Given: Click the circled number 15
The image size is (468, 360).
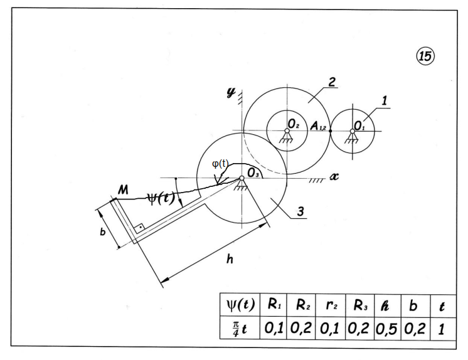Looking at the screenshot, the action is pos(425,56).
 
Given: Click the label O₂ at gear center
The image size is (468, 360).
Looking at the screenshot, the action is pos(294,124).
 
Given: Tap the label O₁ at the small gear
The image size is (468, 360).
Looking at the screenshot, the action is pos(359,125).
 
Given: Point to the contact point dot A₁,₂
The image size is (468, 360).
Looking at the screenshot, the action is pos(330,130).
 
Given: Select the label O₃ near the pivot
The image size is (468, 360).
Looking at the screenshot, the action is pos(253,173).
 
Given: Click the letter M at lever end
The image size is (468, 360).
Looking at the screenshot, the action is pos(123,190).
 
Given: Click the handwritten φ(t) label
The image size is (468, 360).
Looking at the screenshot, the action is pos(220,164).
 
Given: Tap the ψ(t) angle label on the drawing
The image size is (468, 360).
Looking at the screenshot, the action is pos(160,198).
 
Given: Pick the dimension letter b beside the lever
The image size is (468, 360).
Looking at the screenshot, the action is pos(102,231).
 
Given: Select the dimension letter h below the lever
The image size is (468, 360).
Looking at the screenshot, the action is pos(230,259).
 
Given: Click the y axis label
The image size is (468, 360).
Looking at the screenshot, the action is pos(230,93).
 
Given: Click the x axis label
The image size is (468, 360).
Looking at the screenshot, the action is pos(334,176).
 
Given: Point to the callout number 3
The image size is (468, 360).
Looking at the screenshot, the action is pos(300,211).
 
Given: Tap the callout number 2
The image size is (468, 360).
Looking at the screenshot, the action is pos(332,82).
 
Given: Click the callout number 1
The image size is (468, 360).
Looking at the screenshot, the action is pos(384,101).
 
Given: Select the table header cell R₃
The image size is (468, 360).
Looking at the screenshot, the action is pos(360,305).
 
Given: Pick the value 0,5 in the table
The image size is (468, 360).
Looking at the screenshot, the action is pos(386,329).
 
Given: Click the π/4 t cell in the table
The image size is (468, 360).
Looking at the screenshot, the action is pos(240,329).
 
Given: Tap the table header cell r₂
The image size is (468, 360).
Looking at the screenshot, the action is pos(331,305).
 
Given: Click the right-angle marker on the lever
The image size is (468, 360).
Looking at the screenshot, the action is pos(139,229).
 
